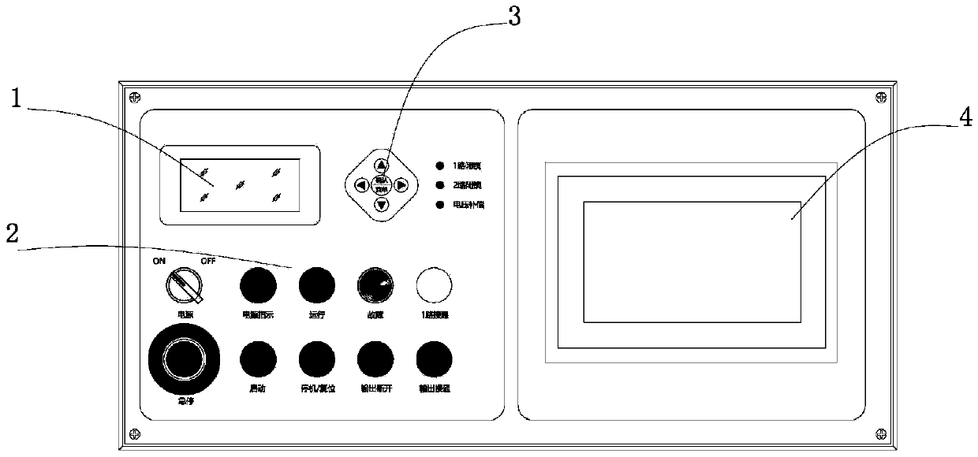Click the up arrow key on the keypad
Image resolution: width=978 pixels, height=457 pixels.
pos(381,165)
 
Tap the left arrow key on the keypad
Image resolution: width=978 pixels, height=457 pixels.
pos(360,186)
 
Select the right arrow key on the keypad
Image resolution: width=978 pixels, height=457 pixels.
pos(401,186)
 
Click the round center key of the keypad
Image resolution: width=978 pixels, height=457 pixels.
pos(381,185)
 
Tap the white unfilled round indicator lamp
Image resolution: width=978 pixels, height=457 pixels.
pos(432,284)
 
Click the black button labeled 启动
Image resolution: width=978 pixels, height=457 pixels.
pos(257,360)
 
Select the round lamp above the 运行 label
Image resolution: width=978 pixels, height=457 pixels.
pos(316,284)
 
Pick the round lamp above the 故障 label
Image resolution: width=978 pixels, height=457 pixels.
pos(375,284)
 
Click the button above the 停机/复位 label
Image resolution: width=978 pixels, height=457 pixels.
pos(316,360)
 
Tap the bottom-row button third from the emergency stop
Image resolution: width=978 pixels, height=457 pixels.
pos(375,360)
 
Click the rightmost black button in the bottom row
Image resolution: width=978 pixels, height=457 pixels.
pos(433,360)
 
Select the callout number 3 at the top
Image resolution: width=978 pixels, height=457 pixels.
pos(513,18)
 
